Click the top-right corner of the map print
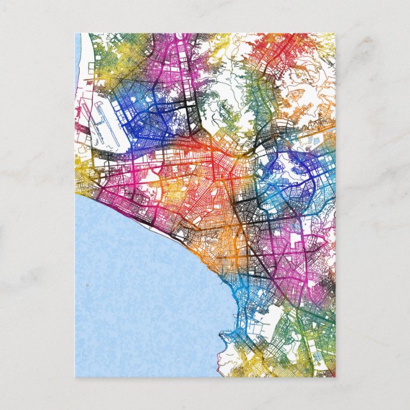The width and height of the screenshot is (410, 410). point(335,34)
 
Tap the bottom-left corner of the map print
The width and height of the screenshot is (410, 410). point(75,377)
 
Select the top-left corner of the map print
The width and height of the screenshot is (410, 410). point(75,34)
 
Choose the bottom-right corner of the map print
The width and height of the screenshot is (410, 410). point(335,377)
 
